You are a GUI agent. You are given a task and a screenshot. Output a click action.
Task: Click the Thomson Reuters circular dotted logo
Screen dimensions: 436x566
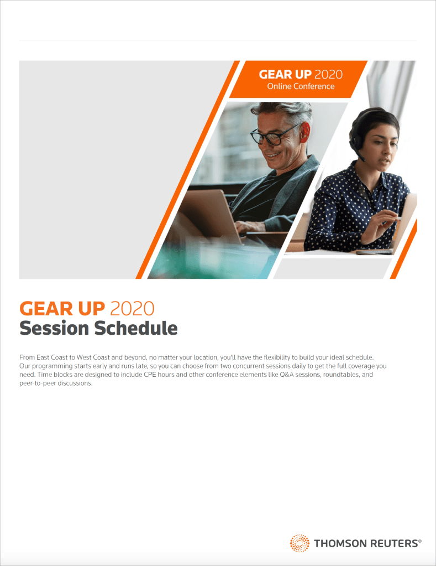point(300,543)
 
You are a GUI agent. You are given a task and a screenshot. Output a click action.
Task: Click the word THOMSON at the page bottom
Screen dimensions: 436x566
point(340,543)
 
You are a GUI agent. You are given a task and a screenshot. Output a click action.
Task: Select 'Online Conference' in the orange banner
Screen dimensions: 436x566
point(301,86)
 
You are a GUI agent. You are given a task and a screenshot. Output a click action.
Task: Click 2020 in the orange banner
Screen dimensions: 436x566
point(329,74)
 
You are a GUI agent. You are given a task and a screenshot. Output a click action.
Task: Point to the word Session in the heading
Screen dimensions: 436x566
point(54,328)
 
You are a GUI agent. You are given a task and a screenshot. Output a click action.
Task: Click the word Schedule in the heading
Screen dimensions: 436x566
point(136,328)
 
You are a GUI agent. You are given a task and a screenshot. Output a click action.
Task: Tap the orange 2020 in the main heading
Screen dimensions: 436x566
point(132,309)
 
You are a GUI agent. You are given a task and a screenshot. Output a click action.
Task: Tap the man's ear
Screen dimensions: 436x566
point(304,132)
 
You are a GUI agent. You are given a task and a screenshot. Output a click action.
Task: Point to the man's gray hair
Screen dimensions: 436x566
point(285,110)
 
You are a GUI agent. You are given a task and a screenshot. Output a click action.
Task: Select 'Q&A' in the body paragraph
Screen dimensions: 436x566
point(287,375)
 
